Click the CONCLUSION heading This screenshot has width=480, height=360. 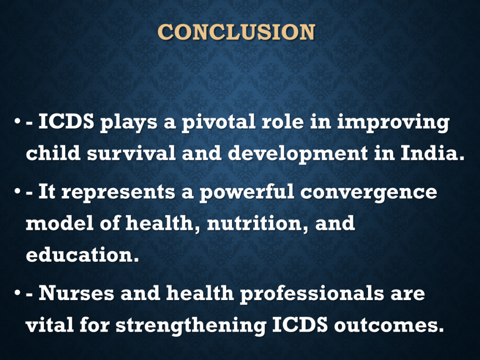tap(236, 32)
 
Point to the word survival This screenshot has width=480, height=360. tap(131, 153)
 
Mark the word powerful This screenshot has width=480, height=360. tap(247, 193)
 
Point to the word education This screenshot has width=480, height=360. tap(82, 255)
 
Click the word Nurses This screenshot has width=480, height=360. tap(76, 293)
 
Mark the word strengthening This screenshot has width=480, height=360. tap(191, 326)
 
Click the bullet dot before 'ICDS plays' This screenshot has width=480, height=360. tap(17, 121)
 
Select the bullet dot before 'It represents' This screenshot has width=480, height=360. tap(17, 192)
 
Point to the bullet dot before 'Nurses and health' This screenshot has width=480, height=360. tap(17, 292)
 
